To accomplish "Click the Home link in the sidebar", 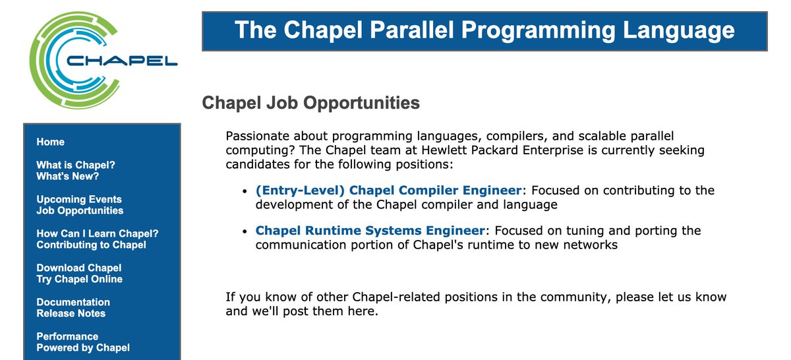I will pos(51,142).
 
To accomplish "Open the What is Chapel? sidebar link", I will pos(75,165).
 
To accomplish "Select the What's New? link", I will pos(67,177).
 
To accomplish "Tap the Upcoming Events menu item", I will pos(79,199).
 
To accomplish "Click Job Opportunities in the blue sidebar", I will pos(80,211).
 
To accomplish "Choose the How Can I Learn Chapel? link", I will pos(98,233).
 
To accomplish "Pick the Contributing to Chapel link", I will pos(91,245).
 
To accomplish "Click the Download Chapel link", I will pos(79,268).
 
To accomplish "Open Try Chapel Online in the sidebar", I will pos(80,280).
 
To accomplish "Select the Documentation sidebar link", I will pos(73,302).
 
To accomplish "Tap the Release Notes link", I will pos(71,314).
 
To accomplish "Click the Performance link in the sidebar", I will pos(67,336).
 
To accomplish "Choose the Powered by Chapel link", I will pos(83,348).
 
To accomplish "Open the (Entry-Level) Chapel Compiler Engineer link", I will pos(388,191).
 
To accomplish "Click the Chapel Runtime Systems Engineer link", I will pos(370,231).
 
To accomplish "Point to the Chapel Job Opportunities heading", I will pos(310,104).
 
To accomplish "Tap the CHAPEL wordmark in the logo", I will pos(122,61).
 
